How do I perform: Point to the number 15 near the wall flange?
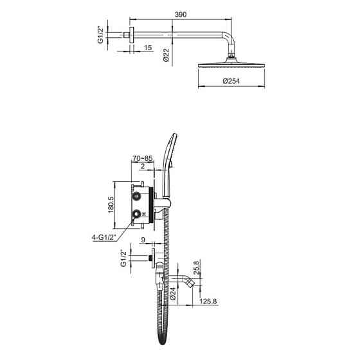click(x=148, y=48)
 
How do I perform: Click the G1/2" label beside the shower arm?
click(x=100, y=35)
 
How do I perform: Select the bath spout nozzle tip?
click(x=192, y=283)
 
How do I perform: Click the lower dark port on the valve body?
click(x=137, y=213)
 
